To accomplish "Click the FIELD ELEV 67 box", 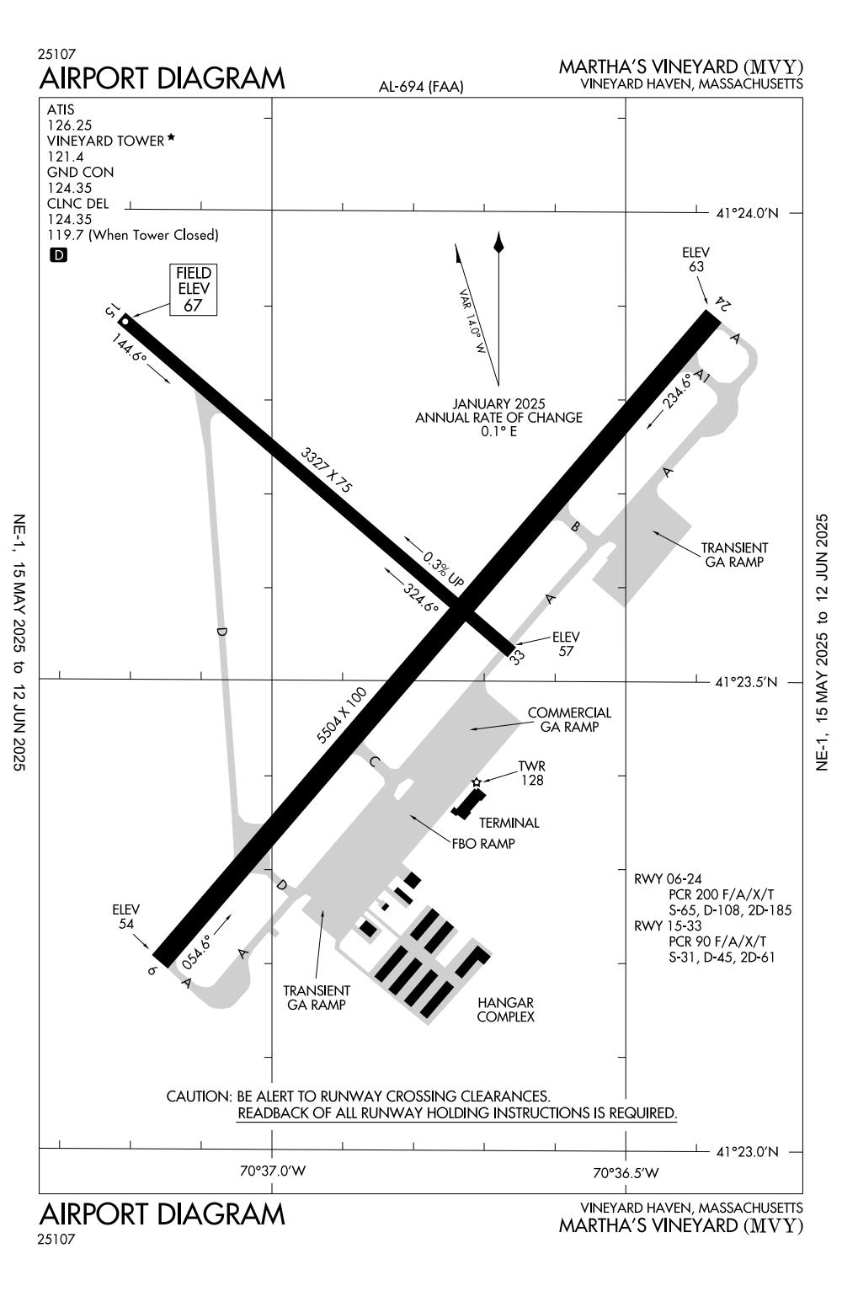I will click(x=193, y=290).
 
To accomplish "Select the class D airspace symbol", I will click(x=58, y=254).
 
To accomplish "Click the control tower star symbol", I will click(x=477, y=782).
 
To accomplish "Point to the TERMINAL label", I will click(x=509, y=823).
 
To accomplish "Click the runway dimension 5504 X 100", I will click(x=342, y=715).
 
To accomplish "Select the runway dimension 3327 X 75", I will click(x=327, y=470).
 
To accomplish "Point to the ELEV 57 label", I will click(x=566, y=643).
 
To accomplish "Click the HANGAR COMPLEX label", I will click(x=505, y=1009).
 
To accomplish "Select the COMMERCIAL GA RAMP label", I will click(x=569, y=719).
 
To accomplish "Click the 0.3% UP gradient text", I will click(x=444, y=569).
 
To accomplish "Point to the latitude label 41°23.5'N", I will click(x=747, y=682).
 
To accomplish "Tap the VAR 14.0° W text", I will click(x=472, y=322).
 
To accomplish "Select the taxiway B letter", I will click(x=576, y=527).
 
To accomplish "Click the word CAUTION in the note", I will click(x=198, y=1096).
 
